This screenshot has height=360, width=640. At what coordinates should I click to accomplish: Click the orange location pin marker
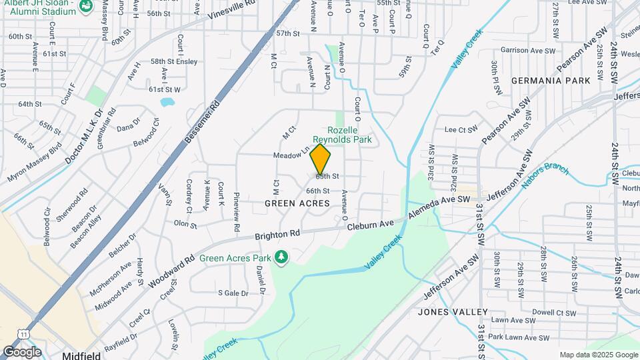point(321,159)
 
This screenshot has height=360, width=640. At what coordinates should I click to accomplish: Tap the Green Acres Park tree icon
point(283,257)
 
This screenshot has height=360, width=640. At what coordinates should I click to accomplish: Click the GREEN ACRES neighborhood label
point(297,203)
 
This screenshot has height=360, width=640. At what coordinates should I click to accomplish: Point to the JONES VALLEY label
point(453,311)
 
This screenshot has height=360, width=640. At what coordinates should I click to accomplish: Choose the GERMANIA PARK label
point(551,81)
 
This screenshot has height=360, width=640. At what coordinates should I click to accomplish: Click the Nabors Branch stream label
point(545,175)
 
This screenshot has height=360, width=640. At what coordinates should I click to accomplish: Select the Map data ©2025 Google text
point(597,355)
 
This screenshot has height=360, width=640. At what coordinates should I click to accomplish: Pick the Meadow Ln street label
point(291,155)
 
